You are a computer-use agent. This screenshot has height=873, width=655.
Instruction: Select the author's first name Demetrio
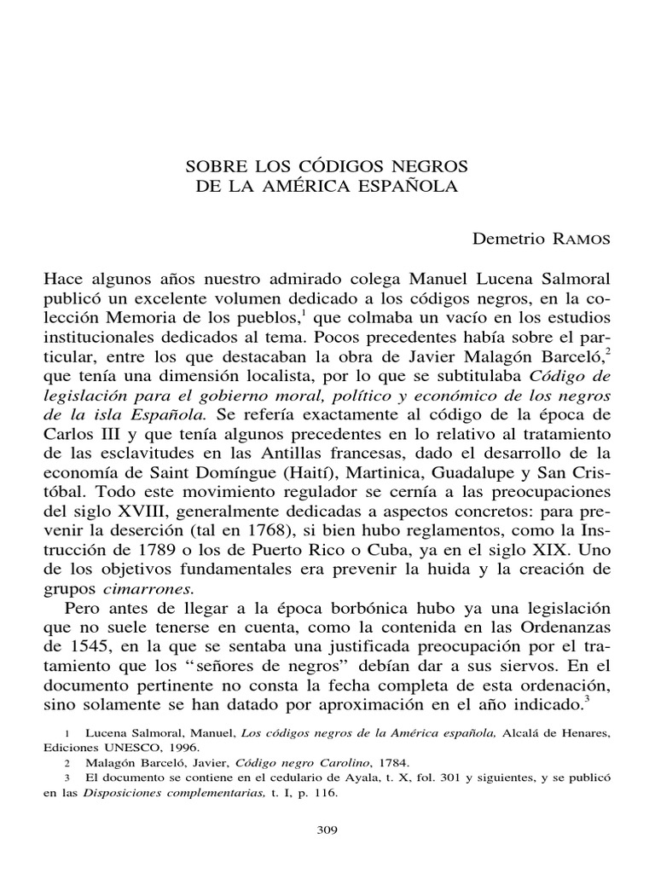pyautogui.click(x=506, y=239)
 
